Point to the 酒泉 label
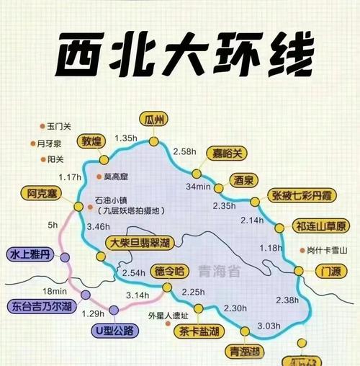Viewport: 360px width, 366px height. pos(245,179)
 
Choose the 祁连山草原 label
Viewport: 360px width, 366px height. pos(321,226)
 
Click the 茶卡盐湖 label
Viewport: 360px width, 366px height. pos(197,332)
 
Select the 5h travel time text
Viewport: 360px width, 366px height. pos(52,226)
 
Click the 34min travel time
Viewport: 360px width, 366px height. pos(198,187)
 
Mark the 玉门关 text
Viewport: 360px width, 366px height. pos(59,126)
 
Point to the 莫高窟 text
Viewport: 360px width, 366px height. pos(116,177)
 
